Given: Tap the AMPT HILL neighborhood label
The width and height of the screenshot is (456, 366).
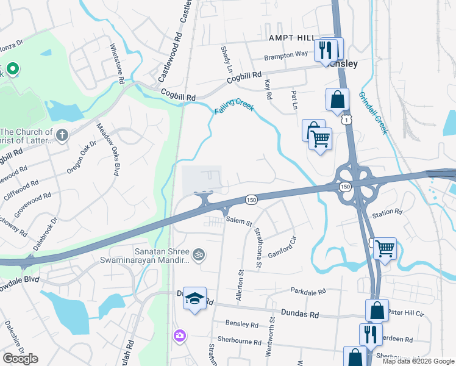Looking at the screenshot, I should (x=291, y=37).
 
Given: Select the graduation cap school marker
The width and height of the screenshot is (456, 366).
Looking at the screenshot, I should (x=194, y=298).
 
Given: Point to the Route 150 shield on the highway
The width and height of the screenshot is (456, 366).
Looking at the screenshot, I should (x=251, y=199).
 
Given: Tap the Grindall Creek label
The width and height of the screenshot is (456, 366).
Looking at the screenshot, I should (x=373, y=113).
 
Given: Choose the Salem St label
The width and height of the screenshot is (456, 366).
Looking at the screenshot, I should (x=239, y=223).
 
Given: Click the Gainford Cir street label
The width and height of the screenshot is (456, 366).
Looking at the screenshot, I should (x=281, y=245).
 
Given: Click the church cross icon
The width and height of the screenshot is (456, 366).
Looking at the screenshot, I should (x=62, y=134).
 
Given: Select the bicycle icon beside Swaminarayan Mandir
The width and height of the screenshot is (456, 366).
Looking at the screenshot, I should (x=198, y=253).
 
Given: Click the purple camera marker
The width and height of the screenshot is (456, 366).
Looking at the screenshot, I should (x=179, y=335).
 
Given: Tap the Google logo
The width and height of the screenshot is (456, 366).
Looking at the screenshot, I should (x=20, y=359).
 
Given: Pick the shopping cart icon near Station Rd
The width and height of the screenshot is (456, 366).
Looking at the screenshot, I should (x=385, y=248).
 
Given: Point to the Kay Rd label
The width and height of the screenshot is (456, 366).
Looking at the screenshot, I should (x=266, y=90).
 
